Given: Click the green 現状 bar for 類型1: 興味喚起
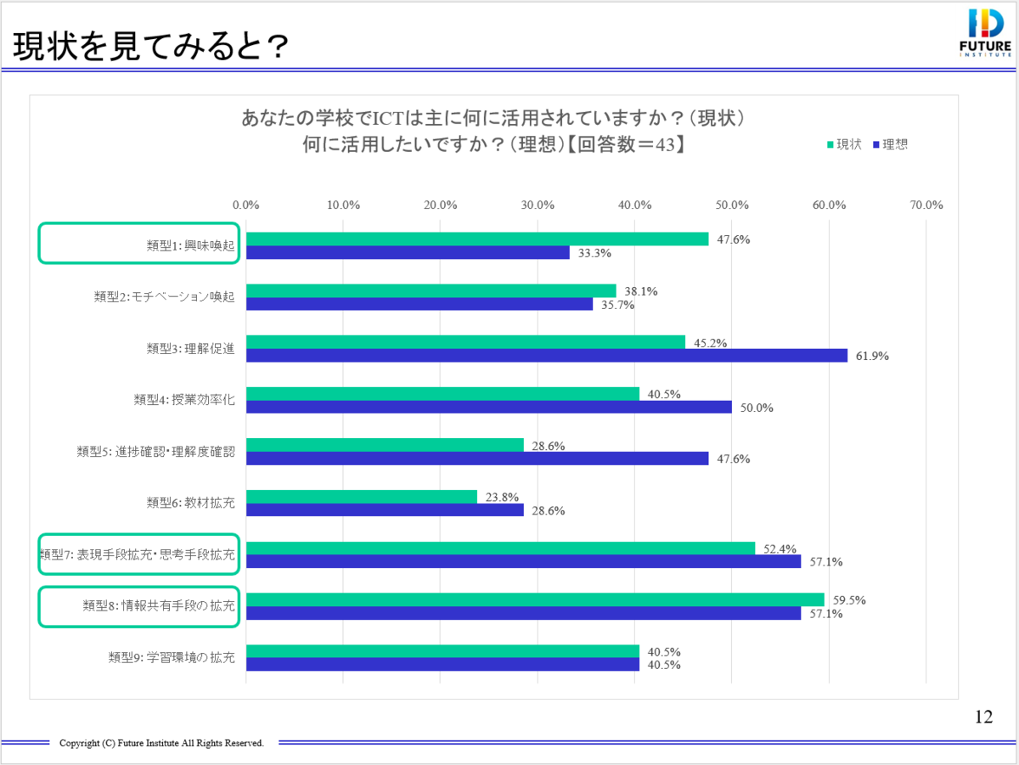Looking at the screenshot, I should coord(477,239).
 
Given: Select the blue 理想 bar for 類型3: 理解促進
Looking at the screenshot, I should coord(547,356).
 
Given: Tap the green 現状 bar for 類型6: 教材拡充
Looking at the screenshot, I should coord(362,498).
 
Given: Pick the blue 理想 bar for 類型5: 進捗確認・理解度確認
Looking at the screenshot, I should coord(477,458).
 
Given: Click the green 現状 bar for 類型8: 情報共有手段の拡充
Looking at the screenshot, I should coord(535,600).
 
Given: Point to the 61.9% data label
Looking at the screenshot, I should coord(871,357).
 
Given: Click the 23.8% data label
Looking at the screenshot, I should coord(501,498).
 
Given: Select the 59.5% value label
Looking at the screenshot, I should coord(848,600).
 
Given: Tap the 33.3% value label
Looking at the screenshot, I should coord(594,253).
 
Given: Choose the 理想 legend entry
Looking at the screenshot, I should coord(890,144).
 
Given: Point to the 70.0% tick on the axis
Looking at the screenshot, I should coord(926,205).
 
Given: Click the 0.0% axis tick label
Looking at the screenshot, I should coord(246,205).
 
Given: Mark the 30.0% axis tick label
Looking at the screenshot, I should coord(538,205).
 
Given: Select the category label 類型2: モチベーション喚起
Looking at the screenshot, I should coord(164,297).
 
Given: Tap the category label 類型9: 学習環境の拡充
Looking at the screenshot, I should coord(172,657).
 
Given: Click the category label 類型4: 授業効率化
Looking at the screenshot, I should coord(184,400).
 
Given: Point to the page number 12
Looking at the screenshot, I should coord(983,717).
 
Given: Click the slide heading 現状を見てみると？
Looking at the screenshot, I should coord(149,48).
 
